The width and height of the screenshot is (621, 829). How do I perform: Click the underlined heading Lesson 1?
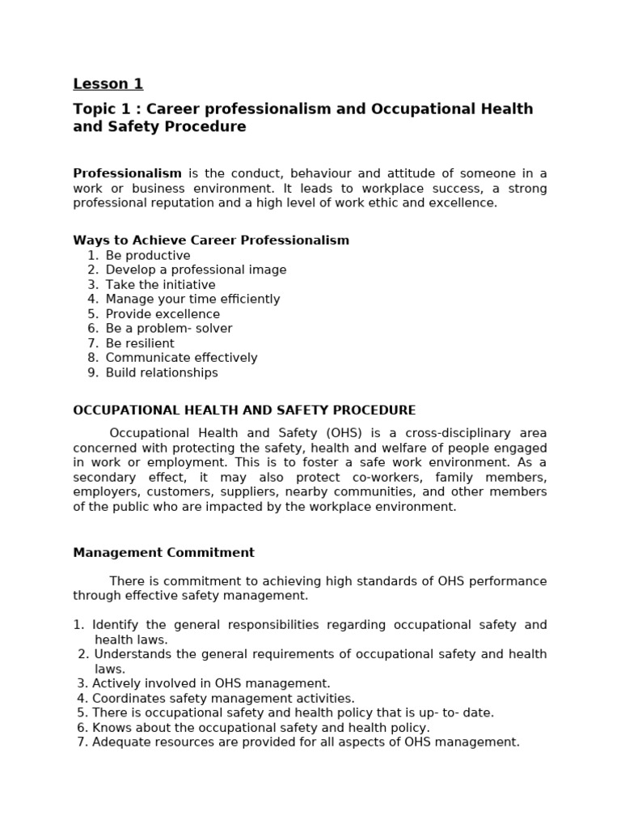tap(108, 84)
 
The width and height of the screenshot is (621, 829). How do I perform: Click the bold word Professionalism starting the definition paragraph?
tap(127, 173)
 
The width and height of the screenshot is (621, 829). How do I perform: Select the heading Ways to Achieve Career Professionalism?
tap(211, 240)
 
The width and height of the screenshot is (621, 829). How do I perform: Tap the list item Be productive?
tap(148, 256)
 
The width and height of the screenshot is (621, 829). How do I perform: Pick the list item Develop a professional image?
tap(196, 270)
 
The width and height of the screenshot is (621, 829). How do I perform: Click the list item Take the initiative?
tap(160, 285)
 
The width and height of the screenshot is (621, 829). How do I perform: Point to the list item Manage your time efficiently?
tap(192, 300)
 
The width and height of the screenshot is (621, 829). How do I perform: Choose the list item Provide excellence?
tap(163, 314)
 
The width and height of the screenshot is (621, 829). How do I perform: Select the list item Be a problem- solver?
tap(168, 329)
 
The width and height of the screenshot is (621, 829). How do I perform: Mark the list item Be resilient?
tap(140, 343)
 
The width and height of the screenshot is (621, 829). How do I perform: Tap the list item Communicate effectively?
tap(181, 358)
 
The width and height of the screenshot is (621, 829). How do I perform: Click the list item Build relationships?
tap(162, 372)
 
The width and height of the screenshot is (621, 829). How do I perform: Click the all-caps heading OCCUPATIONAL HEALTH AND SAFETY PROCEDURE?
tap(244, 410)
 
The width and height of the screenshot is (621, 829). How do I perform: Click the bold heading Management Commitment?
tap(163, 553)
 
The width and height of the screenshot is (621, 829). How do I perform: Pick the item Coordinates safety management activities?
tap(223, 698)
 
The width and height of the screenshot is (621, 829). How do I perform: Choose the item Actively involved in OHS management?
tap(211, 683)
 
